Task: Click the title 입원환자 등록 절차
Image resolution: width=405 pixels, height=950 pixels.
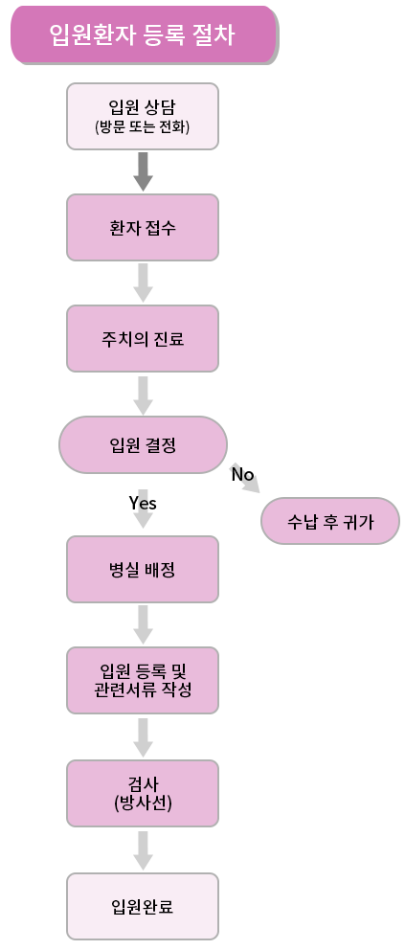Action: click(x=143, y=34)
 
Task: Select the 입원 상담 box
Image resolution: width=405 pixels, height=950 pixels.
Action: click(x=143, y=116)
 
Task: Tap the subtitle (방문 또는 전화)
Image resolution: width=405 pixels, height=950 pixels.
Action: click(x=143, y=127)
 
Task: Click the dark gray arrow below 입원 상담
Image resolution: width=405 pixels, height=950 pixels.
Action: click(x=143, y=171)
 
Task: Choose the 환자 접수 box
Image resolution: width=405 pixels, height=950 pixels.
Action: click(x=143, y=227)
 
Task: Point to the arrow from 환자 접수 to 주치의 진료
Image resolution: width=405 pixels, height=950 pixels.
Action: click(x=143, y=283)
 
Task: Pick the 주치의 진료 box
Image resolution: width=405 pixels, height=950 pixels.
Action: click(x=143, y=338)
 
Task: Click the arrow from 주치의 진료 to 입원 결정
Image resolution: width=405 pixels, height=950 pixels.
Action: click(x=143, y=395)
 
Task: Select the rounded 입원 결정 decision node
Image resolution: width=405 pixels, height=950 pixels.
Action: click(x=143, y=444)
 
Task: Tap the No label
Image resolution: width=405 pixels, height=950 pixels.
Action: click(x=243, y=474)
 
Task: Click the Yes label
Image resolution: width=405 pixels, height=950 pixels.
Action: click(x=143, y=503)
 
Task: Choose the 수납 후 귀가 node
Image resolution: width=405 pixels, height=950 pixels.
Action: click(x=330, y=521)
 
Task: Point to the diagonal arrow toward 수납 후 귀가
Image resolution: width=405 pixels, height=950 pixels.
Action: click(x=245, y=479)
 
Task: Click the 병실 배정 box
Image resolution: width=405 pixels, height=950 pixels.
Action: click(x=143, y=569)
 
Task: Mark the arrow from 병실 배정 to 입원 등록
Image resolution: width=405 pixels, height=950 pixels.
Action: click(x=143, y=624)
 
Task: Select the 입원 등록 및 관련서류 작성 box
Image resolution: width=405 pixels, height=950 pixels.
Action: click(x=143, y=680)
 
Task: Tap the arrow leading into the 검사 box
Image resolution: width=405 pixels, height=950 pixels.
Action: click(x=143, y=737)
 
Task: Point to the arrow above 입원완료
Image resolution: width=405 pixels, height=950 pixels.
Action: click(x=143, y=850)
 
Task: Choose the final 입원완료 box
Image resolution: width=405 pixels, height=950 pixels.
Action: click(x=143, y=906)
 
